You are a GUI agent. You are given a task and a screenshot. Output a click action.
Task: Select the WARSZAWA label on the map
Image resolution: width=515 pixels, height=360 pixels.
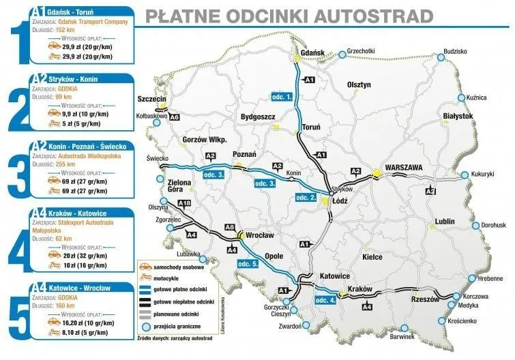pyautogui.click(x=404, y=167)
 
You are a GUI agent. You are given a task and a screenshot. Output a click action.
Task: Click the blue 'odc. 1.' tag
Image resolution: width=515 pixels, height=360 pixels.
pyautogui.click(x=282, y=97)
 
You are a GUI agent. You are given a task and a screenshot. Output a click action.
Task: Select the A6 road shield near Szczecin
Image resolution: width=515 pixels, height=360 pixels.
pyautogui.click(x=175, y=118)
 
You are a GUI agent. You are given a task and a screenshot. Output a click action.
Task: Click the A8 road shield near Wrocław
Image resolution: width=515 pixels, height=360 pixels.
pyautogui.click(x=230, y=227)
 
